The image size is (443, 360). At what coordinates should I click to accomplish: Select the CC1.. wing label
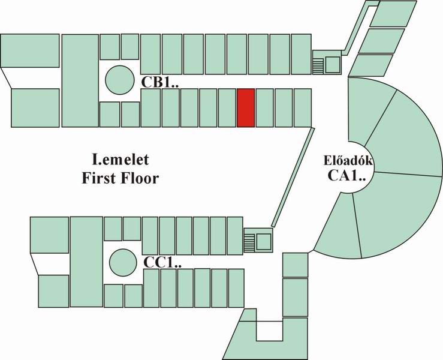click(162, 263)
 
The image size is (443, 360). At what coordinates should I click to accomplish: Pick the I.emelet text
click(120, 161)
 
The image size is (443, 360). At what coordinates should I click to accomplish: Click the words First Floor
click(120, 178)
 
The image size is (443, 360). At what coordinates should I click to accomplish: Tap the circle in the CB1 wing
click(119, 79)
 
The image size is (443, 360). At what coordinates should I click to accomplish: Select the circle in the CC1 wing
click(122, 262)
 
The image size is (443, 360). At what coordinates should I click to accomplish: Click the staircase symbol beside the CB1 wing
click(318, 64)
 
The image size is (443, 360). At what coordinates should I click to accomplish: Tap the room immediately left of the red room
click(227, 107)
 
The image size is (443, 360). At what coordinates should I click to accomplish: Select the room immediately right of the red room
click(264, 107)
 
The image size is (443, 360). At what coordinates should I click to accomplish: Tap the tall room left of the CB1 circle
click(80, 80)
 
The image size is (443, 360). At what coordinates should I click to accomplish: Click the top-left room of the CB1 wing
click(30, 59)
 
